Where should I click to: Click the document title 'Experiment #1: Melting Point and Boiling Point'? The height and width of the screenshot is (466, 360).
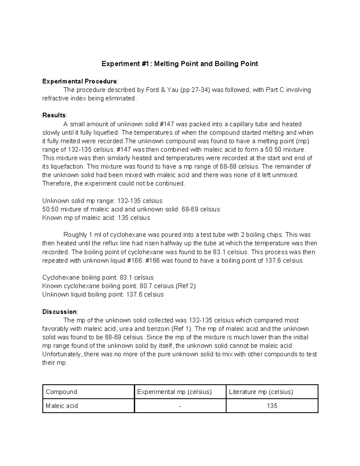click(180, 64)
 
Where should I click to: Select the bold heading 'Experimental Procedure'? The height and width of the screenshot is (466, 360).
click(79, 81)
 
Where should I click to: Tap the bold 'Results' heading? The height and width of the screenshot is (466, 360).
click(54, 115)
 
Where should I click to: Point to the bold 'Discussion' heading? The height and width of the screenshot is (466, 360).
click(60, 311)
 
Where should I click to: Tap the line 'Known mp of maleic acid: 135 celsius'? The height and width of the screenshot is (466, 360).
click(96, 218)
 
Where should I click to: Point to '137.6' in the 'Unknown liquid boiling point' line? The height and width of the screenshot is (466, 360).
click(134, 294)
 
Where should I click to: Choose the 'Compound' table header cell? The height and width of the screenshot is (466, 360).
click(61, 392)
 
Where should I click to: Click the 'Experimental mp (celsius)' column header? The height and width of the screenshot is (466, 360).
click(174, 392)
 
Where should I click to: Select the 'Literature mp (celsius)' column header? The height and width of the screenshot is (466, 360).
click(261, 392)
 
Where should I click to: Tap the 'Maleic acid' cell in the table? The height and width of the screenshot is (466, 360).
click(62, 406)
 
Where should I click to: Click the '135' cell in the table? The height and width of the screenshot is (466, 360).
click(272, 406)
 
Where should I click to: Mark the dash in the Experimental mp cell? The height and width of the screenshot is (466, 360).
click(180, 406)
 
